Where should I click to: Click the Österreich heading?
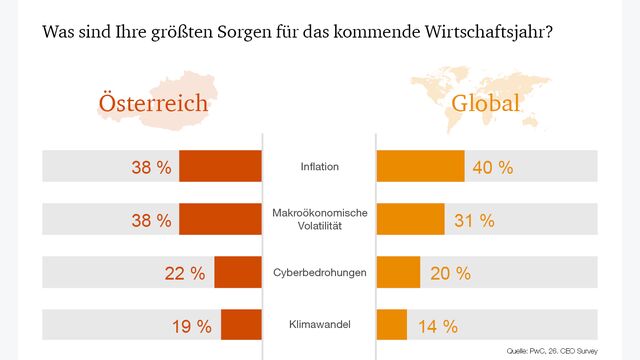click(152, 105)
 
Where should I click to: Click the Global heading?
click(486, 105)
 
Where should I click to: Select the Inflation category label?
click(319, 166)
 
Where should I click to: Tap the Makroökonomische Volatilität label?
click(319, 219)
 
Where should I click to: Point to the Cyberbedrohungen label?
click(319, 272)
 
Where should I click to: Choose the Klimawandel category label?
click(319, 325)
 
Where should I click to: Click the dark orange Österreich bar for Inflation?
click(220, 166)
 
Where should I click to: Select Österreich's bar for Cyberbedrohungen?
click(237, 272)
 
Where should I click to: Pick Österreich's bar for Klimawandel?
click(241, 325)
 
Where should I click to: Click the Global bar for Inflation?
click(420, 166)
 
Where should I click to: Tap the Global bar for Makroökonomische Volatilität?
click(410, 219)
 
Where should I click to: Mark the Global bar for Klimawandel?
click(391, 325)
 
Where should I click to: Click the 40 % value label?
click(492, 167)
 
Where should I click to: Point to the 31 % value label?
click(473, 220)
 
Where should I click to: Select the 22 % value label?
click(184, 273)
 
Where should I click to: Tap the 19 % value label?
click(191, 326)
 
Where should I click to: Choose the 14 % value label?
click(436, 326)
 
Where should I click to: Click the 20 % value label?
click(448, 273)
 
